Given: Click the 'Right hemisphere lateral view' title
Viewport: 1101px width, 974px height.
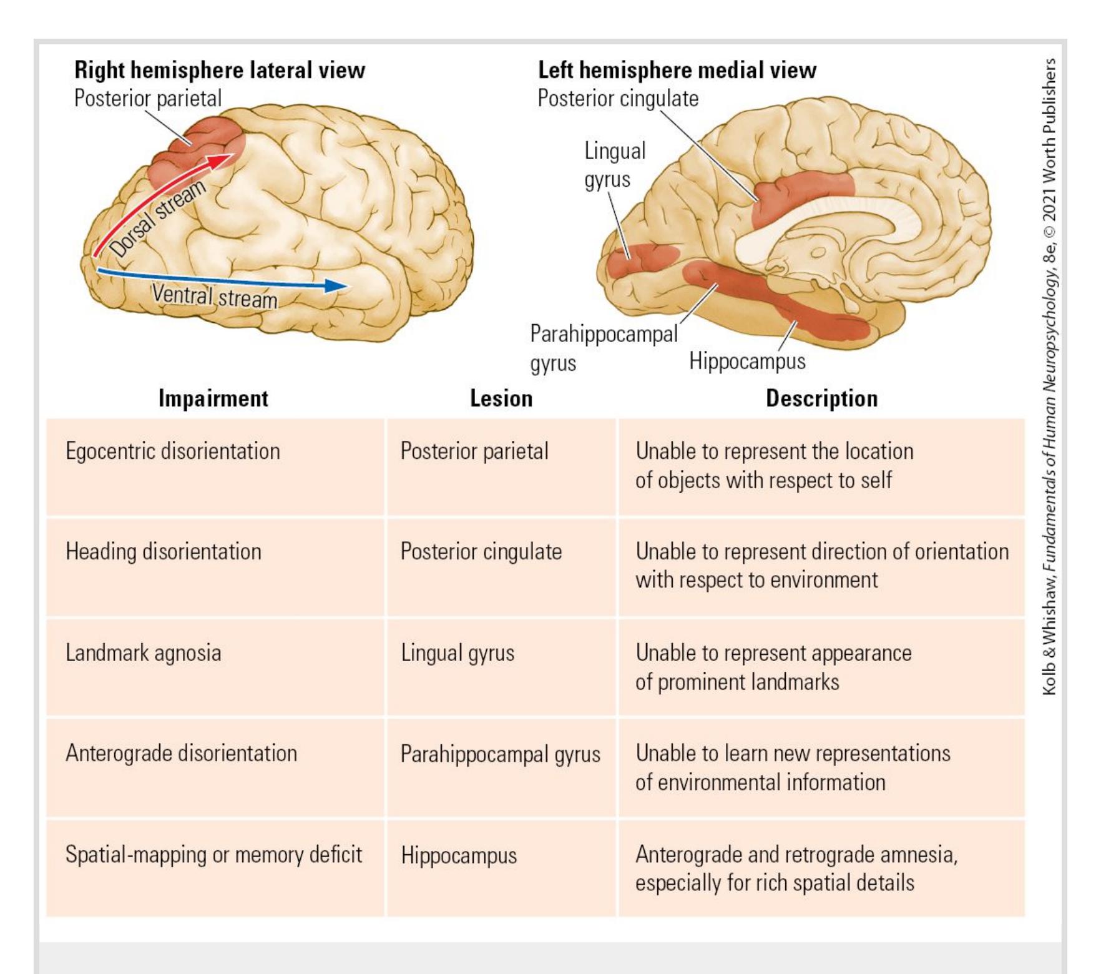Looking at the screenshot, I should [219, 70].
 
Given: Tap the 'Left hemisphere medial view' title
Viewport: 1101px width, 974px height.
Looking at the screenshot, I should [677, 70].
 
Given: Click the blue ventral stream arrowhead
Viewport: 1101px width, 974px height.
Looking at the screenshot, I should [338, 286].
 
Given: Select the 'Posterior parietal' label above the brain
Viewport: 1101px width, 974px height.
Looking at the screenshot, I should [148, 99].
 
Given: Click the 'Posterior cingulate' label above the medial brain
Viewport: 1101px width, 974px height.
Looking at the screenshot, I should [618, 99].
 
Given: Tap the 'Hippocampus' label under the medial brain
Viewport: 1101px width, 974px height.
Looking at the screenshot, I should [747, 362].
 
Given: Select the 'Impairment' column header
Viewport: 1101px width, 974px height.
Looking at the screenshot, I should [213, 398].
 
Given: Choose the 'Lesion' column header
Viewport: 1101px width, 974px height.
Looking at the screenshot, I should [501, 398].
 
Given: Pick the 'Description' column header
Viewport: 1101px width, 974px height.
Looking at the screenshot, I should [821, 398].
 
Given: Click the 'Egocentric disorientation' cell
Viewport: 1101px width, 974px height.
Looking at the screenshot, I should [172, 451].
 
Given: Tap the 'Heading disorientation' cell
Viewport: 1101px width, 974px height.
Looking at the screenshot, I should [163, 552].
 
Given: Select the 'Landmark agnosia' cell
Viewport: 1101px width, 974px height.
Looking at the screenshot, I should [143, 653].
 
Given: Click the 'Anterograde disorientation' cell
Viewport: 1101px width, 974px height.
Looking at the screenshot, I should [181, 754].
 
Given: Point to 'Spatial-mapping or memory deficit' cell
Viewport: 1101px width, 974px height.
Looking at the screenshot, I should [213, 855].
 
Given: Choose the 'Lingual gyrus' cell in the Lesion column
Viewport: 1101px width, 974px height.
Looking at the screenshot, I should [458, 653].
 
